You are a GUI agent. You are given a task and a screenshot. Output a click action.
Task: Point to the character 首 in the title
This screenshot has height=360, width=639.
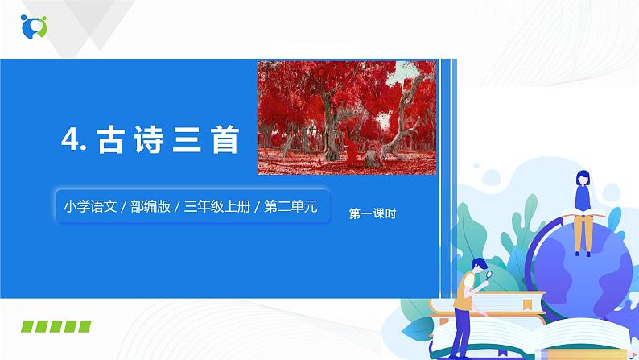pyautogui.click(x=226, y=142)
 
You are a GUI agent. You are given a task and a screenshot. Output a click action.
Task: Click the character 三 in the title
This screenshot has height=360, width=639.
pyautogui.click(x=190, y=142)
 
